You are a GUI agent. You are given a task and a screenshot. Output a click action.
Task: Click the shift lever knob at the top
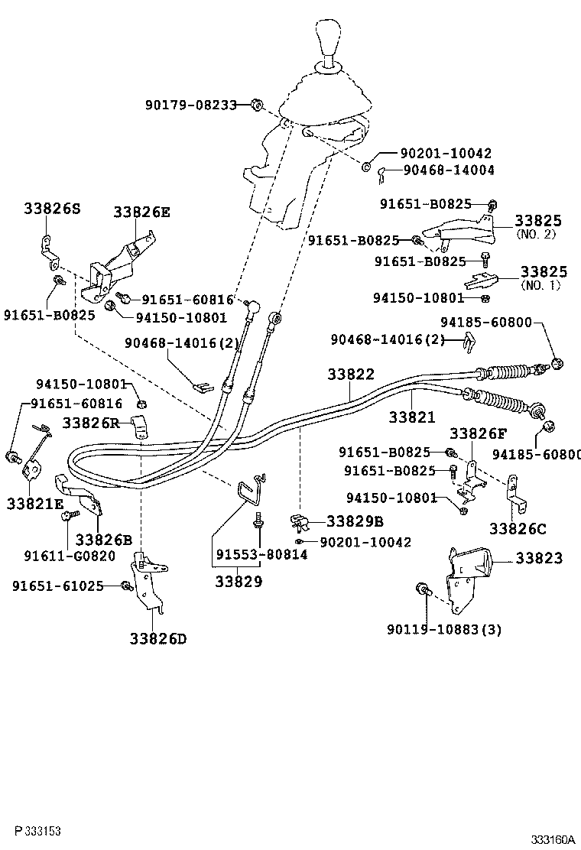pos(329,40)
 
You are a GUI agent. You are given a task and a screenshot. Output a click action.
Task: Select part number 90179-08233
pos(191,105)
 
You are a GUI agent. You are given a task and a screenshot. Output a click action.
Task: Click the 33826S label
pos(51,208)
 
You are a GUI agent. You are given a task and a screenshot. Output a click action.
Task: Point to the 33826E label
pos(142,212)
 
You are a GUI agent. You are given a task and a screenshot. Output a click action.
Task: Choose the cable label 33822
pos(351,375)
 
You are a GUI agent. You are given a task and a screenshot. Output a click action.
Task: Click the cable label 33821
pos(411,417)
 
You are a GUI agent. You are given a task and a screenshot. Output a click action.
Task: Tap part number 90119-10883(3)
pos(445,630)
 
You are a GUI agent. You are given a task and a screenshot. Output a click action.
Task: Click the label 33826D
pos(157,638)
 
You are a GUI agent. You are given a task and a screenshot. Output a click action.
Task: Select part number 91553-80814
pos(261,555)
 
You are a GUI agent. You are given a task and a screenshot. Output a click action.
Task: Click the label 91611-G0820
pos(70,556)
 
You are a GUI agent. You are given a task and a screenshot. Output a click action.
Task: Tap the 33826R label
pos(91,422)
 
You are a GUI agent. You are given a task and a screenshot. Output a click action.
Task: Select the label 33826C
pos(518,528)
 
